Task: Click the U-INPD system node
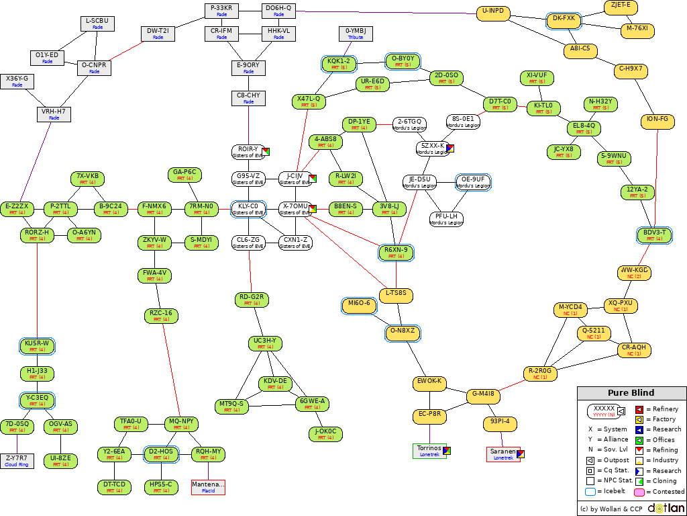click(493, 13)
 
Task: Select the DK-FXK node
click(564, 21)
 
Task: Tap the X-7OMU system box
click(295, 209)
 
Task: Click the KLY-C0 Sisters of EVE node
click(248, 209)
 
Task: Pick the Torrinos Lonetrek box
click(429, 450)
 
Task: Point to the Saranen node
click(503, 454)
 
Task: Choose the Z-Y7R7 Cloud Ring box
click(17, 461)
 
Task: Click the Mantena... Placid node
click(208, 487)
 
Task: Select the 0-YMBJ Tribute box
click(356, 34)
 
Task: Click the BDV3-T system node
click(654, 235)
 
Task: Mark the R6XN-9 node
click(396, 253)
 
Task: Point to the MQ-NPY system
click(181, 424)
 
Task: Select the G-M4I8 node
click(483, 396)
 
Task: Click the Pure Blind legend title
click(631, 393)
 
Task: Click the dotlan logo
click(666, 509)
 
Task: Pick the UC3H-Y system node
click(265, 343)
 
